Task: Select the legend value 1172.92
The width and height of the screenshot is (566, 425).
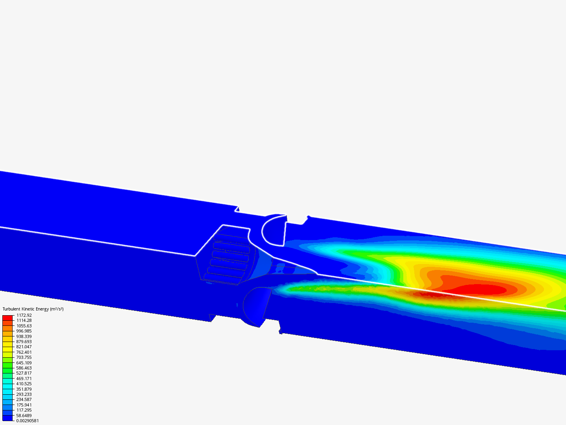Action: (24, 315)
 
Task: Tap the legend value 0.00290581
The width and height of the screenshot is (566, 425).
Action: (28, 421)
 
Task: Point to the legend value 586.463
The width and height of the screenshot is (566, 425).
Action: (24, 368)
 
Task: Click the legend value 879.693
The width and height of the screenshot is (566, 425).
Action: (24, 342)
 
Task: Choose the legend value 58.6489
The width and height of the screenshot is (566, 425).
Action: (24, 416)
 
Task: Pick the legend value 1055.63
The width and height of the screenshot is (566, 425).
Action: (24, 326)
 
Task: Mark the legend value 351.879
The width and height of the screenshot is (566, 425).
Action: (24, 389)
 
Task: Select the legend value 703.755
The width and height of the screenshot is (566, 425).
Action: (24, 357)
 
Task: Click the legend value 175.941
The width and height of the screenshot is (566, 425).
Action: (24, 405)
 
